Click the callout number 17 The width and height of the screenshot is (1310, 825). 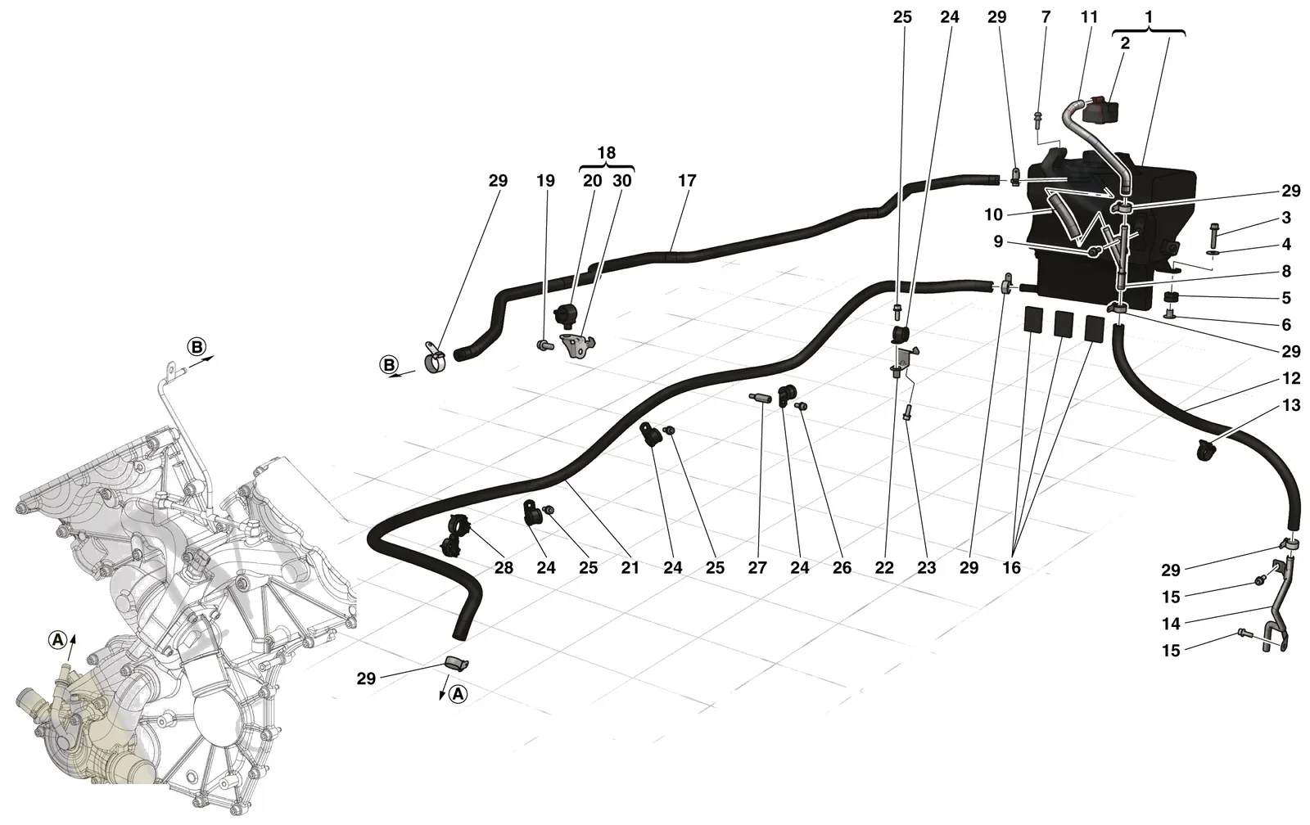point(687,181)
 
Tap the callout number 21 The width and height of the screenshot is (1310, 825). point(630,568)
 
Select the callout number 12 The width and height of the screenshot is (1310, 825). point(1291,378)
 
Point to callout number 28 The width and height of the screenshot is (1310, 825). point(504,568)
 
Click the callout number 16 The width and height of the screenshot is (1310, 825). point(1011,568)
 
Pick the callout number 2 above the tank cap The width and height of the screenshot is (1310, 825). point(1125,43)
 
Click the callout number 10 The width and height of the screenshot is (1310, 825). point(994,215)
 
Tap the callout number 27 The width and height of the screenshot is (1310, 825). point(757,568)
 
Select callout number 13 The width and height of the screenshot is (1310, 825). point(1291,405)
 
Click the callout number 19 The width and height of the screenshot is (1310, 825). point(545,181)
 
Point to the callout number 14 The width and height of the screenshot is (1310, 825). point(1171,624)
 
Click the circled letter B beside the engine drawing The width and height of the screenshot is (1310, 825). point(197,347)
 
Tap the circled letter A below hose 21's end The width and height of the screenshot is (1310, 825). point(458,694)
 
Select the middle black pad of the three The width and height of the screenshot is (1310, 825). point(1064,323)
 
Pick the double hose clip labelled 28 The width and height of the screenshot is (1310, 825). point(455,533)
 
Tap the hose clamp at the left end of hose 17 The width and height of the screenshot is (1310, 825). point(434,356)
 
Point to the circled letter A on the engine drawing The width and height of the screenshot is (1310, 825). point(57,641)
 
